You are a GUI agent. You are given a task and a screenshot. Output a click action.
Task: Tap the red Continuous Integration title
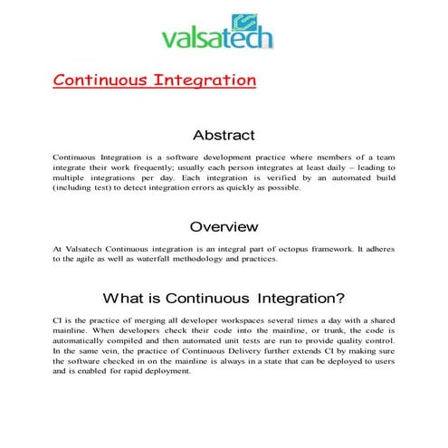tap(155, 80)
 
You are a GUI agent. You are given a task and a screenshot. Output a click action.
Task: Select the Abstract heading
tap(224, 135)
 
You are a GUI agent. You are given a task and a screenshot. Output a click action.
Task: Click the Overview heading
tap(224, 225)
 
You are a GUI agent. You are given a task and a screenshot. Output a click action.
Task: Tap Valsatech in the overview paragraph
tap(87, 248)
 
